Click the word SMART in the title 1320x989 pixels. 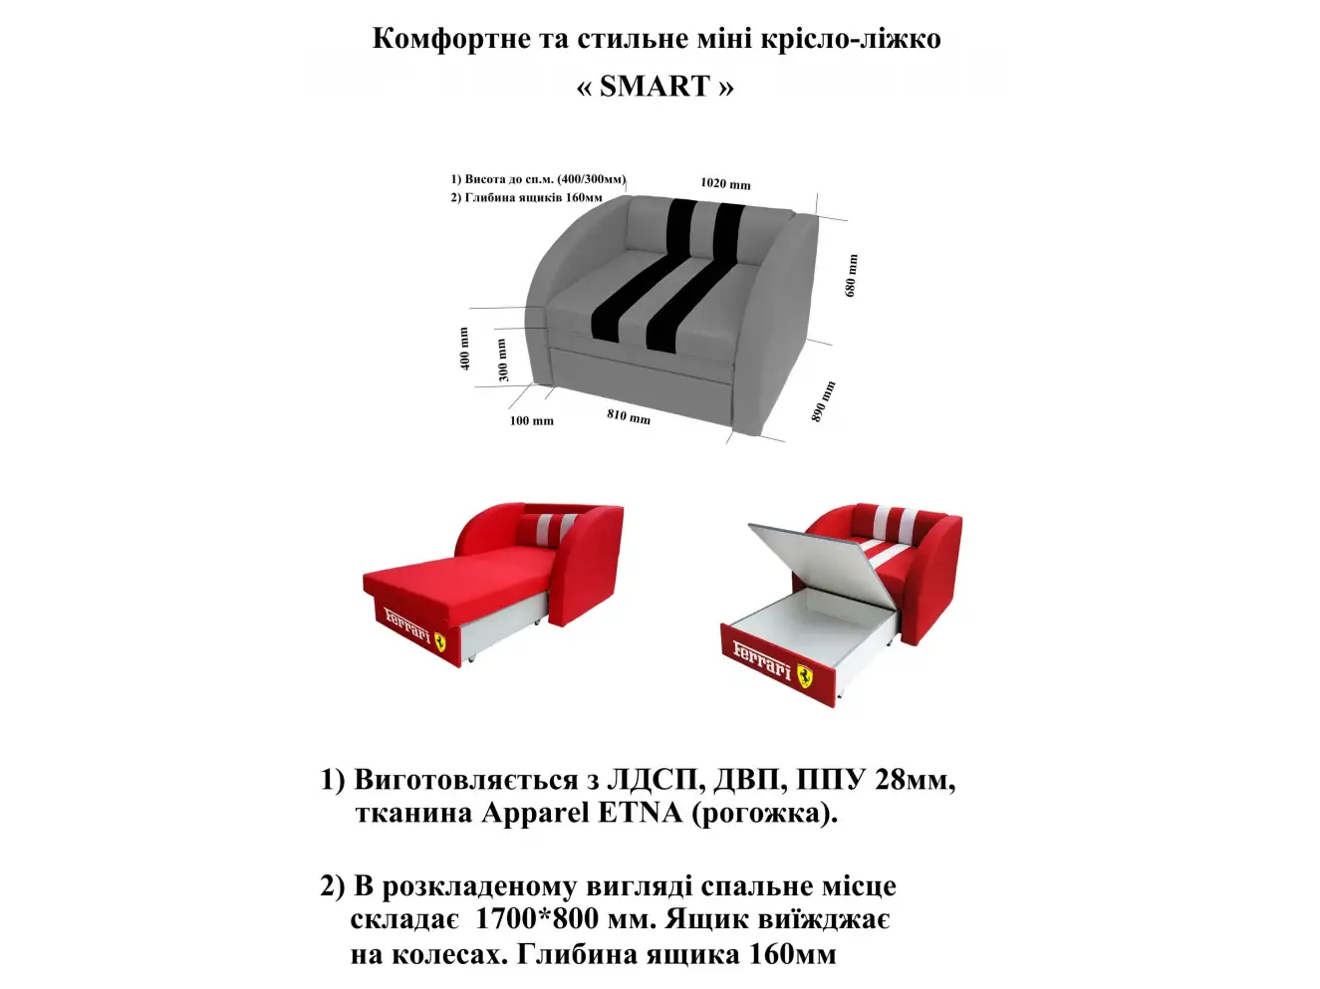[x=655, y=87]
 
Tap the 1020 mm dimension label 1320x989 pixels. [x=725, y=183]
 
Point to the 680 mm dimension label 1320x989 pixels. [x=851, y=276]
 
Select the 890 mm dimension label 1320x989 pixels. [x=824, y=401]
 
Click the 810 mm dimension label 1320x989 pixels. [x=629, y=416]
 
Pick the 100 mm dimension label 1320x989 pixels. [x=531, y=421]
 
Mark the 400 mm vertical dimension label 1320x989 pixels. [x=464, y=349]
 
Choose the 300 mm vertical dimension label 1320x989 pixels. [x=503, y=360]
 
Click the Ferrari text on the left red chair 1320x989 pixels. [x=408, y=623]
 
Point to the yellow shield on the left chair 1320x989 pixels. [x=440, y=641]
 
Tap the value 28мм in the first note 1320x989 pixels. [x=915, y=780]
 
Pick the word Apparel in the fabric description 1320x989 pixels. [x=535, y=814]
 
